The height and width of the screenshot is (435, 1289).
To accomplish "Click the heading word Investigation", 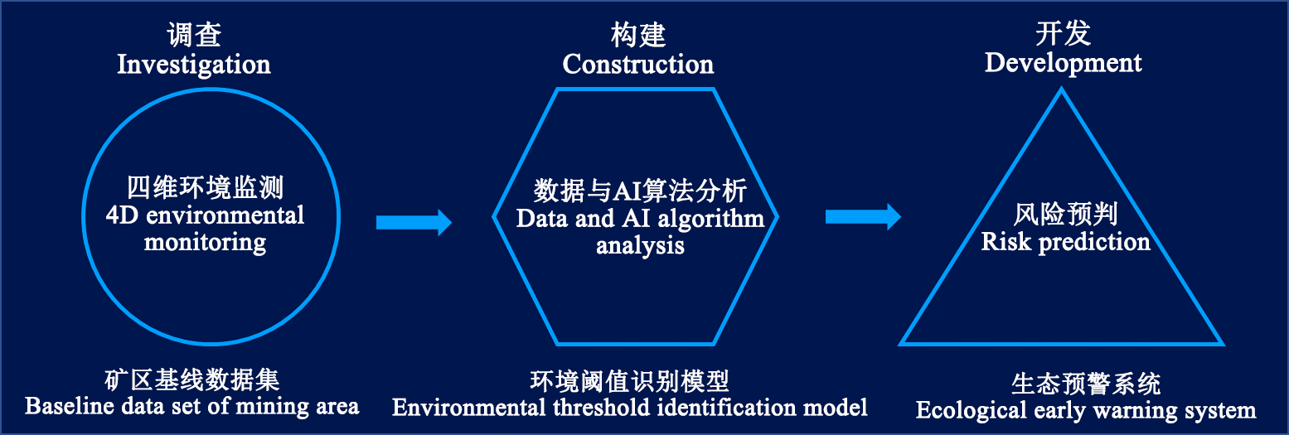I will click(194, 65).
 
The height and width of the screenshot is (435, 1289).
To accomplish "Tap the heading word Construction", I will click(637, 65).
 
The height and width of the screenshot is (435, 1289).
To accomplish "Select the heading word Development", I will click(1063, 63).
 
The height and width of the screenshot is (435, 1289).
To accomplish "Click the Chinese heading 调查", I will click(194, 36).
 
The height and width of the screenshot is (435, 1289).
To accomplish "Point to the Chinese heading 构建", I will click(637, 36).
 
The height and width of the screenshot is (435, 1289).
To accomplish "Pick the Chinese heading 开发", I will click(1063, 34).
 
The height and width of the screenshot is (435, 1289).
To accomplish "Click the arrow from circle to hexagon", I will click(413, 222).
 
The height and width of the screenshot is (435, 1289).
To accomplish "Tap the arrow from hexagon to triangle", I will click(862, 217).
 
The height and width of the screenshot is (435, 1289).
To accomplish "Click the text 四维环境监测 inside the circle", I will click(206, 188).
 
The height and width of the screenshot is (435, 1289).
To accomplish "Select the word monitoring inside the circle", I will click(206, 243).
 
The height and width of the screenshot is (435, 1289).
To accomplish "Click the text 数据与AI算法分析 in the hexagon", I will click(640, 191).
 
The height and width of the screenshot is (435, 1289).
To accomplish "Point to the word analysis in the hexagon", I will click(640, 246).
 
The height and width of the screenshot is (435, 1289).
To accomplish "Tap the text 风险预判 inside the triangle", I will click(1065, 215).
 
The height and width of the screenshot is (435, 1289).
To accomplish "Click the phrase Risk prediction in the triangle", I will click(1065, 242).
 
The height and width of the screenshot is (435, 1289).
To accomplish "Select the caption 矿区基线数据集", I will click(192, 379).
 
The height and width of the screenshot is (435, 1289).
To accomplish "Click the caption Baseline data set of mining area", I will click(192, 407).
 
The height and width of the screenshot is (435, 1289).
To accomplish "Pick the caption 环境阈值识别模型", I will click(629, 380).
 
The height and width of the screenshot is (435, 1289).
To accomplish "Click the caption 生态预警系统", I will click(1085, 384).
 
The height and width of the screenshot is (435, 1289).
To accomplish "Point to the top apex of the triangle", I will click(1062, 91).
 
